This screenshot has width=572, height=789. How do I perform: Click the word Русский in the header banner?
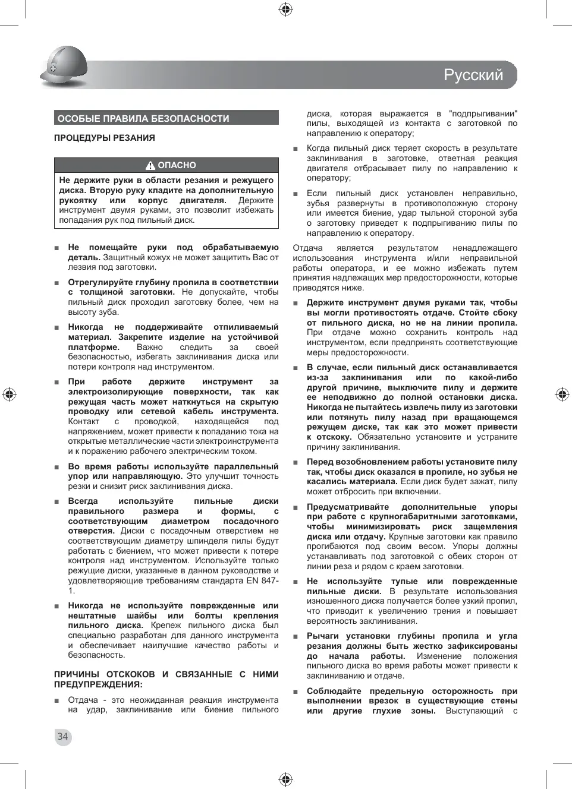473,75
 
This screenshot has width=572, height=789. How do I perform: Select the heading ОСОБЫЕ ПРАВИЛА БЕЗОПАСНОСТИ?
143,118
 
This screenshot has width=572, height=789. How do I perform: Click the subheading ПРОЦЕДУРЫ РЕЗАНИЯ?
105,138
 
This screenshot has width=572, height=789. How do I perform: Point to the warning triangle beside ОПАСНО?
150,166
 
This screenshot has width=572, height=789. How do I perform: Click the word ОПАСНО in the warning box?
177,165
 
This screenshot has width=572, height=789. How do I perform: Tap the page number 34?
62,737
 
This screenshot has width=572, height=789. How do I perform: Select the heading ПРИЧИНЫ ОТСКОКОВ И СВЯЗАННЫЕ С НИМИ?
166,674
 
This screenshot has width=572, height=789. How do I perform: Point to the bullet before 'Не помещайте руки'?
57,248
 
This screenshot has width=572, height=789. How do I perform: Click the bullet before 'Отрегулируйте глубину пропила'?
57,283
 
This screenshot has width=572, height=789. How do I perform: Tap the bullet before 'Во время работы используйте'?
57,467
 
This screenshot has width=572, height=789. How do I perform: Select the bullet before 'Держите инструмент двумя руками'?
296,304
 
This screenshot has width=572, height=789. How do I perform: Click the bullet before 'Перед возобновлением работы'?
296,462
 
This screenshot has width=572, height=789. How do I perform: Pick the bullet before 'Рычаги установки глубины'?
296,636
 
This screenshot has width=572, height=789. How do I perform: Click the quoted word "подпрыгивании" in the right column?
483,113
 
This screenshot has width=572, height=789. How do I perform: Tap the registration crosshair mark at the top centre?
285,9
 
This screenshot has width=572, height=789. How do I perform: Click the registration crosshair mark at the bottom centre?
285,779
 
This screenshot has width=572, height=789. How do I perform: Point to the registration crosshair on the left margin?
9,394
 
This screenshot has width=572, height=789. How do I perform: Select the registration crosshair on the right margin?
562,394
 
